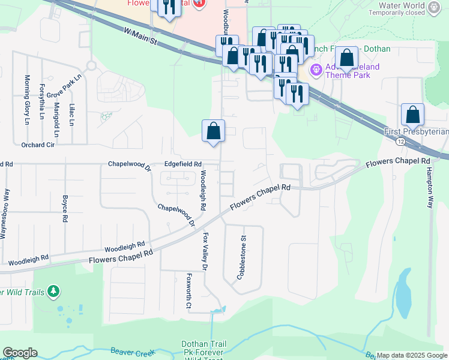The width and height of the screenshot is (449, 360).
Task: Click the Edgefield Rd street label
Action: (x=183, y=164)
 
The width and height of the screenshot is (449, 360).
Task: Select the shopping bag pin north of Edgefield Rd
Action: (x=213, y=131)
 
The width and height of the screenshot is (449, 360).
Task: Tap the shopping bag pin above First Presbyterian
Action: (x=412, y=115)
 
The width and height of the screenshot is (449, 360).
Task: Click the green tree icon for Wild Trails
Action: (x=54, y=292)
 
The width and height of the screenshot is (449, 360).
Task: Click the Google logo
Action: (x=20, y=353)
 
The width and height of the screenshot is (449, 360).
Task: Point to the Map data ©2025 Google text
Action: (x=412, y=355)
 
